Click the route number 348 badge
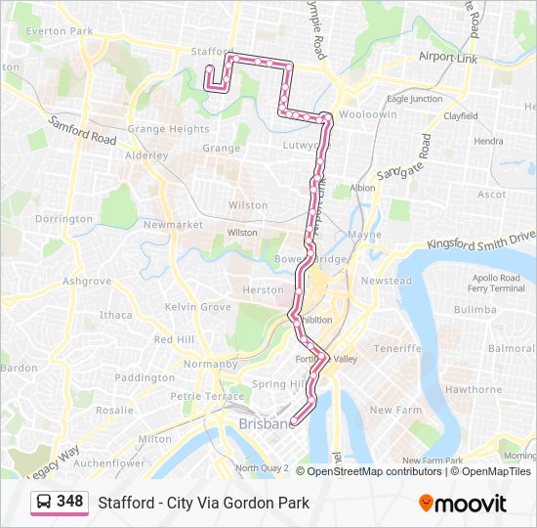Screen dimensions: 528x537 pos(69,502)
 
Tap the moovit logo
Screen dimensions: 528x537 pos(463,504)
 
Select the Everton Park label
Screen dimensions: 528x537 pos(60,31)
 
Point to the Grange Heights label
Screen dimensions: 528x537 pos(168,129)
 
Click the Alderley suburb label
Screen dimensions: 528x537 pos(146,155)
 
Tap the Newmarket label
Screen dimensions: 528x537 pos(173,225)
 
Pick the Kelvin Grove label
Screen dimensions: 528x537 pos(198,307)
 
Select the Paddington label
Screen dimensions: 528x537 pos(145,377)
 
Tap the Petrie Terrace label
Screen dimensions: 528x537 pos(206,397)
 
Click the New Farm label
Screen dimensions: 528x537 pos(394,410)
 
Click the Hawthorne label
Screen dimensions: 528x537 pos(473,389)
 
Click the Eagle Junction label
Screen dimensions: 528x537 pos(414,99)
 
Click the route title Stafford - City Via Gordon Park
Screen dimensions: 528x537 pos(203,503)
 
